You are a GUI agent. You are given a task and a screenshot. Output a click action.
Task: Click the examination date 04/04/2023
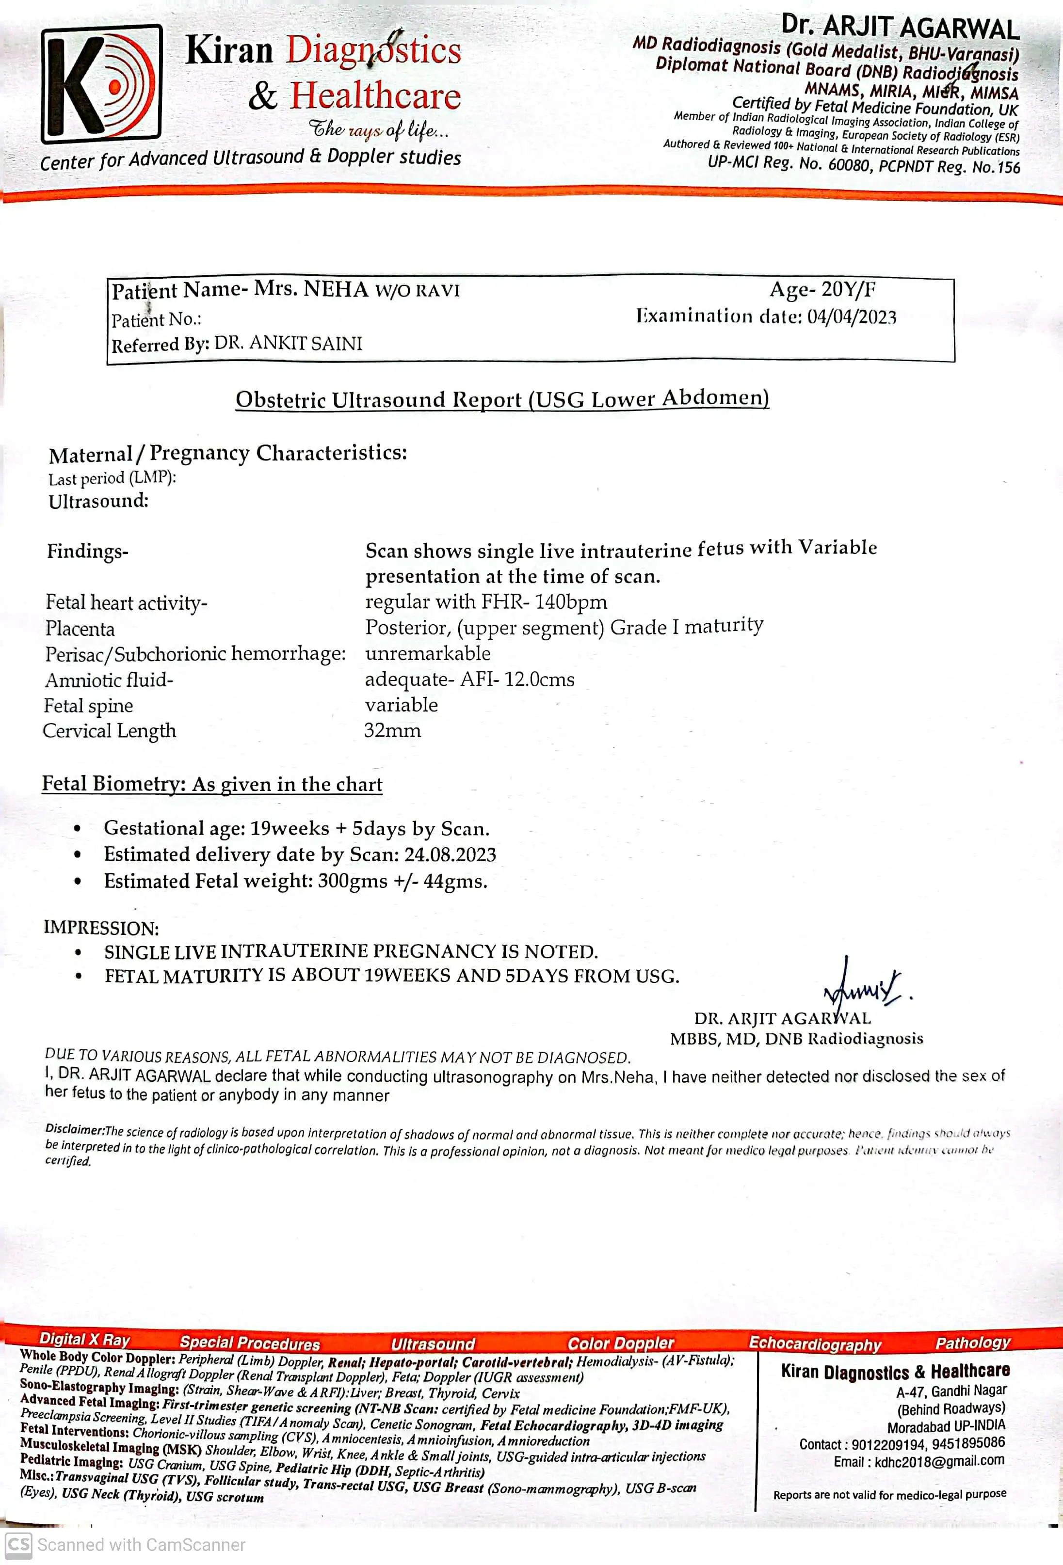tap(852, 316)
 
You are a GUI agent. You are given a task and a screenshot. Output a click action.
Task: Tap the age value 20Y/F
tap(848, 289)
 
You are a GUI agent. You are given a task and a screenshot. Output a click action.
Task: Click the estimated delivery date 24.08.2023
tap(450, 854)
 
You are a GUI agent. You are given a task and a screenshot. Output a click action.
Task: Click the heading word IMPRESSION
tap(101, 928)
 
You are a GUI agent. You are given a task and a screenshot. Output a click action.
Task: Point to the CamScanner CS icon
tap(18, 1545)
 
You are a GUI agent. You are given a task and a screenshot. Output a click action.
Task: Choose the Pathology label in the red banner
tap(972, 1343)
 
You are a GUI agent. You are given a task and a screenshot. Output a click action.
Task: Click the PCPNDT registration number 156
tap(1008, 167)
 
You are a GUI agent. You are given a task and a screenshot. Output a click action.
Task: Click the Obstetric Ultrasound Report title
tap(502, 399)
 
